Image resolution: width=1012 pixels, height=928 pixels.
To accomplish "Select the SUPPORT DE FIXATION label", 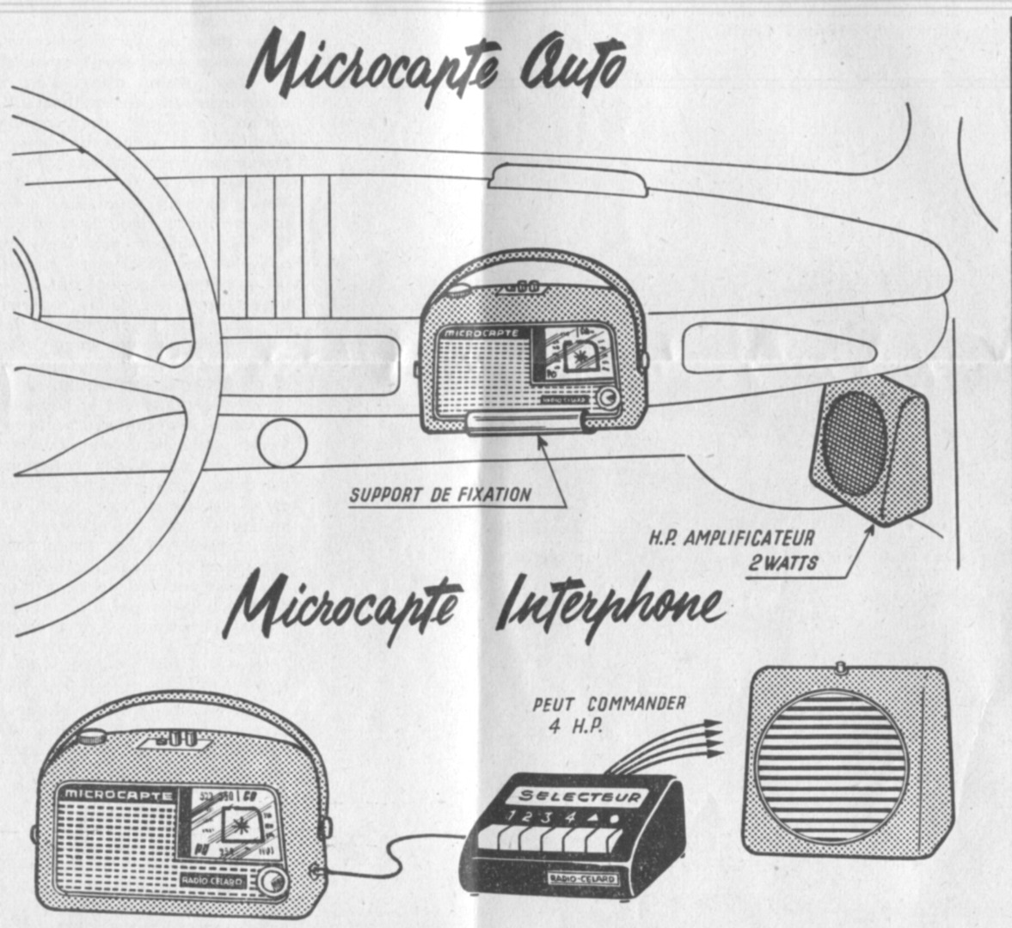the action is (x=440, y=494).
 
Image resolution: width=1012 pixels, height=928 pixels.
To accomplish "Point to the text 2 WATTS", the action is (x=783, y=563).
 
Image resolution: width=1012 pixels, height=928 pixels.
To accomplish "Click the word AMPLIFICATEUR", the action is (x=748, y=540).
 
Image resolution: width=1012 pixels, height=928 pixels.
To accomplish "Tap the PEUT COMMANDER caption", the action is (x=610, y=704).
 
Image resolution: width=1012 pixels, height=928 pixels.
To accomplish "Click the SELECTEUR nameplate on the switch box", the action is (x=580, y=796).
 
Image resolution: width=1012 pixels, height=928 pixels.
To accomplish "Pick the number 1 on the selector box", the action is (x=514, y=816).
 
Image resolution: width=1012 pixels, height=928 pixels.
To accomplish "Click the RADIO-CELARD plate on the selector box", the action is (x=583, y=879).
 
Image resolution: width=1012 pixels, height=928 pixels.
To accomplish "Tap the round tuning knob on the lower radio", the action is (x=273, y=881).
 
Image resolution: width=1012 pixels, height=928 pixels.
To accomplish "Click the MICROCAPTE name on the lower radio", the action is (x=118, y=795).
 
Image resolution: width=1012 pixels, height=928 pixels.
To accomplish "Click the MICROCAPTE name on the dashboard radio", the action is (x=482, y=332).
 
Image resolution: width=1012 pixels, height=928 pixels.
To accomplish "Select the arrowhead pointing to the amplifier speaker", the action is (x=870, y=529).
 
